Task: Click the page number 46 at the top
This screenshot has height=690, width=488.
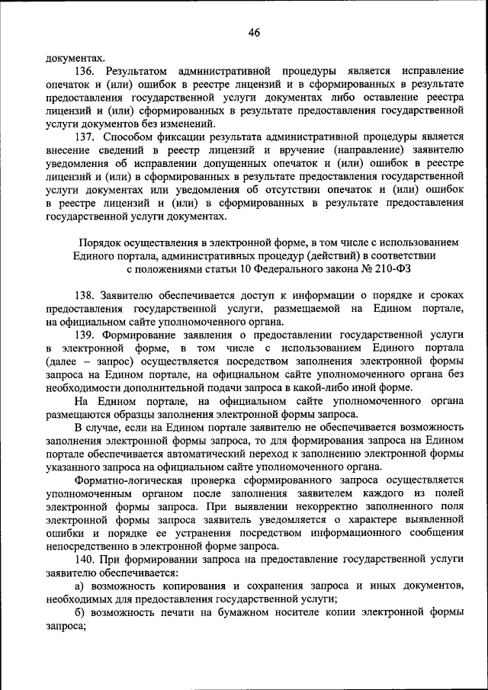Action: click(x=254, y=32)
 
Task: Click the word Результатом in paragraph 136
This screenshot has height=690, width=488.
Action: click(x=137, y=69)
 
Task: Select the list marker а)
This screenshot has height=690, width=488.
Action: click(x=79, y=586)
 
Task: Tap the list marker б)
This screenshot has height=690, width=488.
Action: click(x=79, y=612)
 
